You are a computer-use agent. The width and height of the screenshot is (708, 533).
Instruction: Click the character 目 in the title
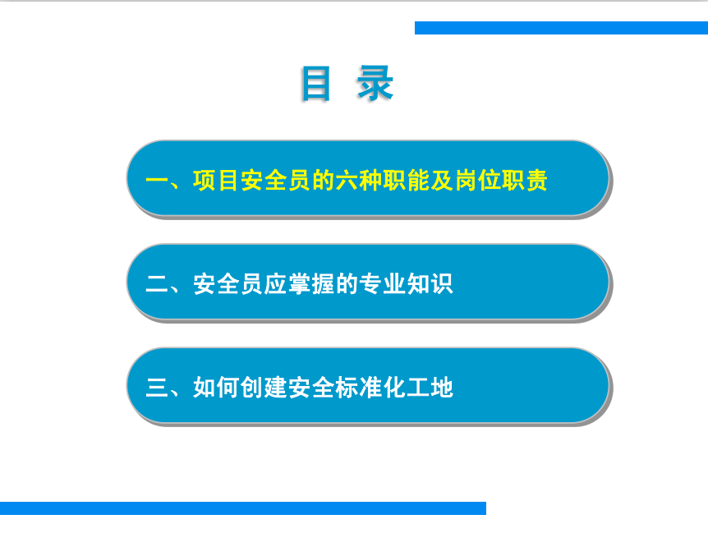point(315,84)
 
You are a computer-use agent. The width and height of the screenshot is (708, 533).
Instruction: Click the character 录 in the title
point(375,84)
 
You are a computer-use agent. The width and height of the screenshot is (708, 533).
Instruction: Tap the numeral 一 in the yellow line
point(157,181)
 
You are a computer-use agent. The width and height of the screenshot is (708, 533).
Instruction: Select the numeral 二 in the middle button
point(157,284)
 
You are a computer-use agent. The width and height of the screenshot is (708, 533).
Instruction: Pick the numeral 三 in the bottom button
point(157,388)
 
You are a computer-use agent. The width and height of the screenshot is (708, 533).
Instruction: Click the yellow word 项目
point(216,181)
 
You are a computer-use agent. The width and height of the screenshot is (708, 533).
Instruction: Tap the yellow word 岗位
point(478,181)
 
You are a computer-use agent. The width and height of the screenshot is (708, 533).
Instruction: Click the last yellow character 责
point(536,181)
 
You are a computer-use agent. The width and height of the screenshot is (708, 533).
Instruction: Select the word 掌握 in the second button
point(311,284)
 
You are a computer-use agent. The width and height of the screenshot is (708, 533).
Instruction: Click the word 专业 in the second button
point(382,284)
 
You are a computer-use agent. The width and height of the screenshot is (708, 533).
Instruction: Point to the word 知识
point(430,284)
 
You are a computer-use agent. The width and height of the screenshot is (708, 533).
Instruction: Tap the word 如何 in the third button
point(216,388)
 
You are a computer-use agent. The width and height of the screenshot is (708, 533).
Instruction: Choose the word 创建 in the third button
point(264,388)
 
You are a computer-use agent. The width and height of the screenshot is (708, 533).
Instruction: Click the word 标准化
point(370,388)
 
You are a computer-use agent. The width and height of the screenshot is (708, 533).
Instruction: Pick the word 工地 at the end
point(430,388)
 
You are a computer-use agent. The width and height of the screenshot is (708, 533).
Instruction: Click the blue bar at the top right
point(561,28)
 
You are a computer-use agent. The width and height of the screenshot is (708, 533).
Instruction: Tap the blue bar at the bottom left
point(243,508)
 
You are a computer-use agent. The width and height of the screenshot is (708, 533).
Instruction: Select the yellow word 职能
point(406,181)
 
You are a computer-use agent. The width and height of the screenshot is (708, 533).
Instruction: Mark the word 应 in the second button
point(275,284)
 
